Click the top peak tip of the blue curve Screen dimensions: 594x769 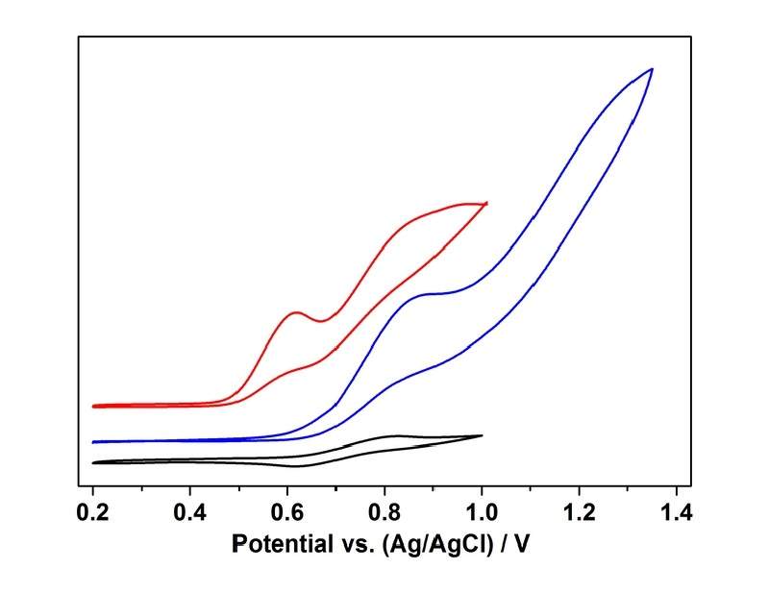653,69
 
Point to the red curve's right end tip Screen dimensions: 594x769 487,203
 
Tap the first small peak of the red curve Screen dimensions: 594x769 296,312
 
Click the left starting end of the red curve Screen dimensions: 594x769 93,406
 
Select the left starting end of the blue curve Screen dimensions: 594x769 93,442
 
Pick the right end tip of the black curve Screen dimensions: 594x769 482,435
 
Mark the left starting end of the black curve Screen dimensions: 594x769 93,462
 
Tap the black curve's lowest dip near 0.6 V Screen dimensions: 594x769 296,466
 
